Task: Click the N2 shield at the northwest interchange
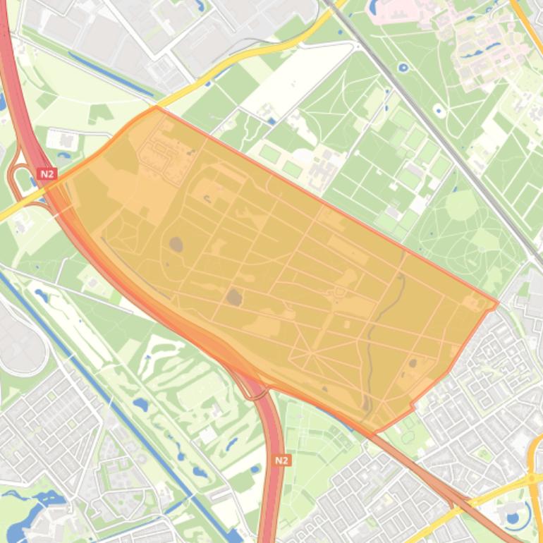point(47,173)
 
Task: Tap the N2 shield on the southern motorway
point(281,460)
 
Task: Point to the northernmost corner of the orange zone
point(155,106)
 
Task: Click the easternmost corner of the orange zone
point(498,304)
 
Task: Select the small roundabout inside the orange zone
point(339,291)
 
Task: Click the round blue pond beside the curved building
point(513,520)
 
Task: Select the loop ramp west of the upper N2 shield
point(16,176)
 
